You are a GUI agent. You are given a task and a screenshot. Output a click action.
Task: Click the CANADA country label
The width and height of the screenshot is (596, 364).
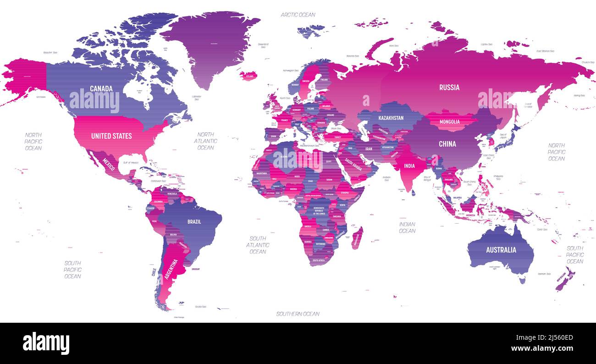point(101,88)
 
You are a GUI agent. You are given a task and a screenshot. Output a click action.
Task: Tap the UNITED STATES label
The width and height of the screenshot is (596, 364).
point(111,136)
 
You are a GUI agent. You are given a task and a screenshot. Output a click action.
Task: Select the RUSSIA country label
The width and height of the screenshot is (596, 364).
point(449,88)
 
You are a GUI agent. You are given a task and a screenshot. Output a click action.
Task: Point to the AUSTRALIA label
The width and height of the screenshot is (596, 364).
point(501,250)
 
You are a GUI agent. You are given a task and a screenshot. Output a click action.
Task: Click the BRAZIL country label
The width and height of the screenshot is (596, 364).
point(194,222)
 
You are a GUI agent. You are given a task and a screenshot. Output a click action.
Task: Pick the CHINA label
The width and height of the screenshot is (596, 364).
point(447,144)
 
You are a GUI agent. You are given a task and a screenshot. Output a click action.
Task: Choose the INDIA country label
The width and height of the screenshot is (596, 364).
point(409,166)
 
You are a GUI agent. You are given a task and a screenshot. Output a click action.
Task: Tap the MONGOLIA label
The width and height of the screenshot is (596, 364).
point(449,122)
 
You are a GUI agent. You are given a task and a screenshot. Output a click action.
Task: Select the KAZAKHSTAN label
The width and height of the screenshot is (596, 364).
point(391,118)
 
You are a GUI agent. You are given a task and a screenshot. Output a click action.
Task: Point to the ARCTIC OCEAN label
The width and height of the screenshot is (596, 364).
point(298,15)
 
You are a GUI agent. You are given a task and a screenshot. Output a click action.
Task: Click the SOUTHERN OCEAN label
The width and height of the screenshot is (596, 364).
point(298,314)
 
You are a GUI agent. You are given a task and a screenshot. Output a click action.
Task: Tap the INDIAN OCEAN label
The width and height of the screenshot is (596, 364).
point(407,228)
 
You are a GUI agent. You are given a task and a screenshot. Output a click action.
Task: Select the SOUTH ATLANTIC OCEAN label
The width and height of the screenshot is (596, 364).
point(258,245)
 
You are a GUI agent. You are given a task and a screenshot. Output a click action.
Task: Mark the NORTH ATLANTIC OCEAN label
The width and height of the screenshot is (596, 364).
point(205,141)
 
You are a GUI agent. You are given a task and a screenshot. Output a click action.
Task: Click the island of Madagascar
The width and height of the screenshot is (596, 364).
point(357,238)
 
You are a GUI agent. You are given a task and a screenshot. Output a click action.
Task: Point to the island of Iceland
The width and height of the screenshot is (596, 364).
point(248,75)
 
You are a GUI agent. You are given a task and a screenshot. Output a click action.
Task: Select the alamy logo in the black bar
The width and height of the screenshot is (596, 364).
point(46,343)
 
